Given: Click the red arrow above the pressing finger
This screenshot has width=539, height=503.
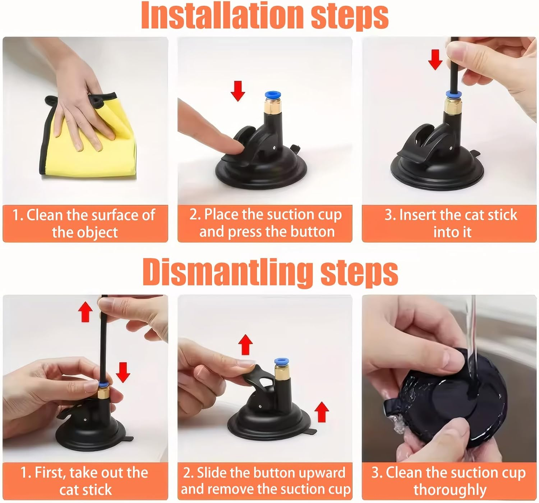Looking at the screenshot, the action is click(x=238, y=91).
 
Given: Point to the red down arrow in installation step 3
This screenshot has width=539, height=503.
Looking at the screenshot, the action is click(x=435, y=59).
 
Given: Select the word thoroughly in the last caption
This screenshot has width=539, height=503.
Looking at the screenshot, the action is click(x=450, y=490).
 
